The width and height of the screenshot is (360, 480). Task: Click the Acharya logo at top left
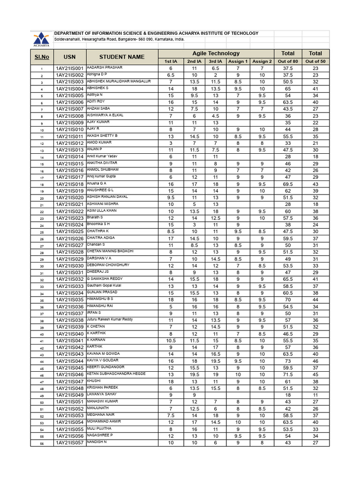coord(41,39)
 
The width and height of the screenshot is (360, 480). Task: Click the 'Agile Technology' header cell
coord(216,53)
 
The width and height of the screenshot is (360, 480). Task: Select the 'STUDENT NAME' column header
coord(122,57)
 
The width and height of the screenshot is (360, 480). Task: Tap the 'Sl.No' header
coord(41,57)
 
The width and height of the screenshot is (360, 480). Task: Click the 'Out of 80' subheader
coord(288,61)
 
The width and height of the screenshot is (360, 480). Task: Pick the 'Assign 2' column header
coord(262,61)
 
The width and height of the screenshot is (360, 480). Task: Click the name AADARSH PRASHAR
coord(105,67)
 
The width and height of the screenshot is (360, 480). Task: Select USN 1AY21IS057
coord(69,442)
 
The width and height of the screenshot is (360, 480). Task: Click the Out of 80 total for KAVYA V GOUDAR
coord(288,361)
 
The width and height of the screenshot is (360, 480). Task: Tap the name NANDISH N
coord(97,442)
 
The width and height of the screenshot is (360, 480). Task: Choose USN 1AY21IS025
coord(69,232)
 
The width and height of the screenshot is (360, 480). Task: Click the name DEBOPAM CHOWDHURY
coord(108,265)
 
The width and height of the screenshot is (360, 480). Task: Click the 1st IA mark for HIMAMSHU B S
coord(171,300)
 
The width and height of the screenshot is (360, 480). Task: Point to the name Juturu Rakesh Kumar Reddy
coord(110,319)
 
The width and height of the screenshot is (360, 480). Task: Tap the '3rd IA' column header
coord(216,61)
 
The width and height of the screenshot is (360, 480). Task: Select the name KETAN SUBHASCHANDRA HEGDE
coord(116,374)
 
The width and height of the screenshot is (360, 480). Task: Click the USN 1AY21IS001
coord(69,68)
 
